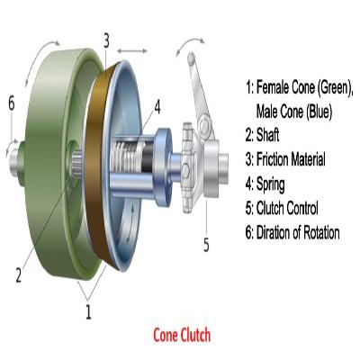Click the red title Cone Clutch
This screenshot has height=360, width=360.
click(182, 335)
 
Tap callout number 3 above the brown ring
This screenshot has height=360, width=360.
click(106, 40)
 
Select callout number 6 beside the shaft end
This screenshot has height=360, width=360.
click(12, 103)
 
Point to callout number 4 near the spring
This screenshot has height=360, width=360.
click(157, 107)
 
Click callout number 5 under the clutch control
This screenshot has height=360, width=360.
click(206, 245)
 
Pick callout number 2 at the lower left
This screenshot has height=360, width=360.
click(19, 274)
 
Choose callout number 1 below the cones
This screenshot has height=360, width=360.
click(88, 311)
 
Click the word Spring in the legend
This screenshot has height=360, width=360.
click(271, 184)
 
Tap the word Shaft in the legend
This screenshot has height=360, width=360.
click(267, 135)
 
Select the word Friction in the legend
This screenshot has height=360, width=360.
click(273, 159)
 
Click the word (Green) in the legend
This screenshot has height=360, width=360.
click(335, 87)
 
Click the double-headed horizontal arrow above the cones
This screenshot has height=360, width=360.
click(132, 51)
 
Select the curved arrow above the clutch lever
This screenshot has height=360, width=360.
click(190, 44)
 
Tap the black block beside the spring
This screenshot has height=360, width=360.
click(148, 158)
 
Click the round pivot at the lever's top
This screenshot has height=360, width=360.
click(191, 58)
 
